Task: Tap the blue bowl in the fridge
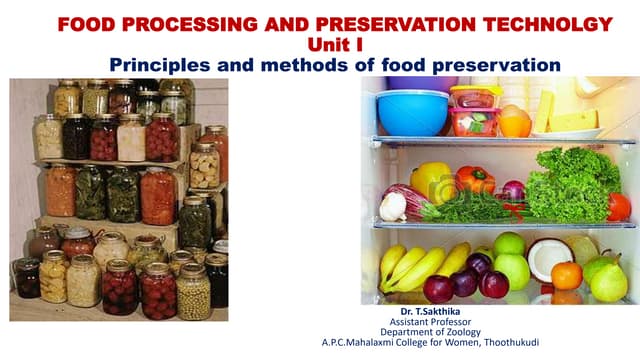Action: pos(413,112)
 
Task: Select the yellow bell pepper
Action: pos(432,182)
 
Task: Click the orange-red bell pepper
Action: pos(474,182)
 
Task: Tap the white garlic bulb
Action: pos(394,207)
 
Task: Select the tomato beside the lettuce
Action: pos(619,206)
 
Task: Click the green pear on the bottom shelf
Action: pos(608,281)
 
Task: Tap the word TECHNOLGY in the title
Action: pos(544,23)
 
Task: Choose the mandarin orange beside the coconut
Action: pos(566,275)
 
